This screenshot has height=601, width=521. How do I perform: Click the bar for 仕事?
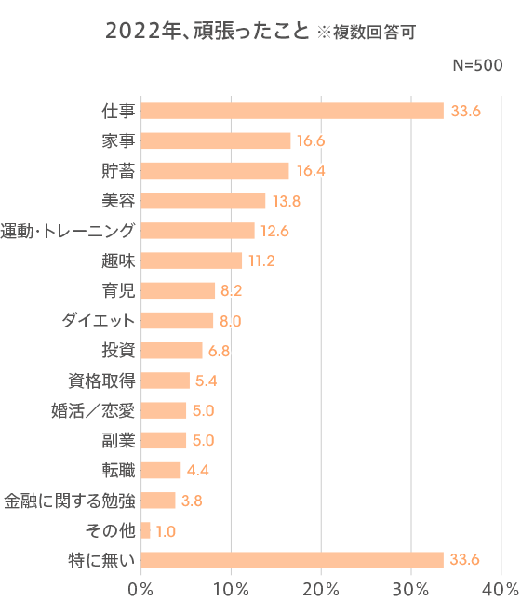[292, 111]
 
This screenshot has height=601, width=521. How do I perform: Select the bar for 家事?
[216, 140]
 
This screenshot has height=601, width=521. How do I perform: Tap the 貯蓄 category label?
[118, 170]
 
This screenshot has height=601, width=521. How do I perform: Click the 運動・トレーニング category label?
[68, 231]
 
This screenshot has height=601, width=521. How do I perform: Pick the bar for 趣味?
[191, 260]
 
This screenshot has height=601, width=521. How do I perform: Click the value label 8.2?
[232, 290]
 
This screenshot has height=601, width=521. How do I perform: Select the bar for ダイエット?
[177, 321]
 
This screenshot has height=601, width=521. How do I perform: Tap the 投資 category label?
[118, 351]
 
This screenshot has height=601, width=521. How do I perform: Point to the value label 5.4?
[207, 381]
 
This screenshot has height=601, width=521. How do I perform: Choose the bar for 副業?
[164, 440]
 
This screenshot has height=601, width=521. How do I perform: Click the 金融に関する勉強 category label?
[69, 501]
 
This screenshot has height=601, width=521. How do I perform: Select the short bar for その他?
[145, 530]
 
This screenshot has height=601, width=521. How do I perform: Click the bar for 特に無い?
[292, 560]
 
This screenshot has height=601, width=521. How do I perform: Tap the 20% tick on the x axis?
[321, 588]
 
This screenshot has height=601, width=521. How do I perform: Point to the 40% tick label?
[501, 588]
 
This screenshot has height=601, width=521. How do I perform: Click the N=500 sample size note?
[477, 66]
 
